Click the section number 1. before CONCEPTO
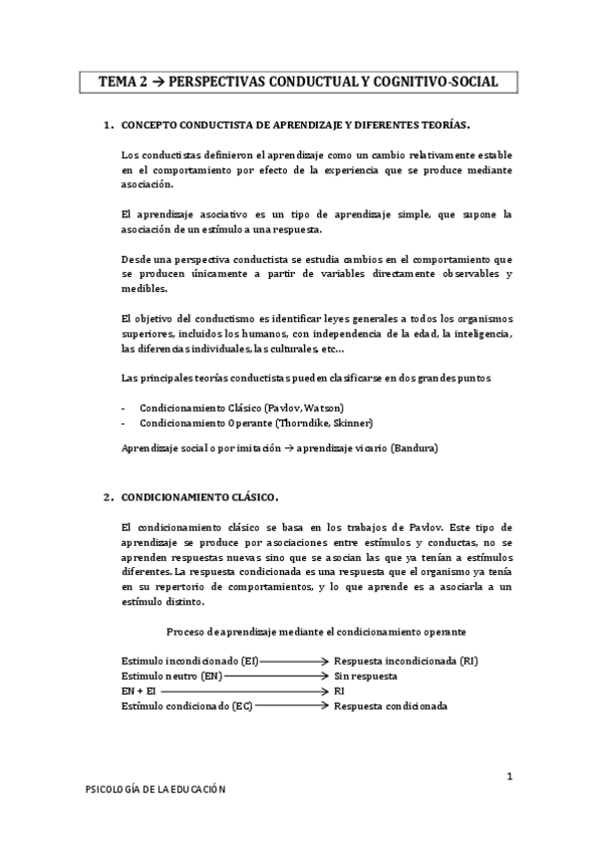109,127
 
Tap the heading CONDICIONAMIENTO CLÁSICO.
199,495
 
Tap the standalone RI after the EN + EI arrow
340,691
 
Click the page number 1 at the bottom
508,775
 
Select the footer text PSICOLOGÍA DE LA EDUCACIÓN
154,789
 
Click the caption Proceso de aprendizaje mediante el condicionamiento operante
316,632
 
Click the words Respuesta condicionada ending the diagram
391,705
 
